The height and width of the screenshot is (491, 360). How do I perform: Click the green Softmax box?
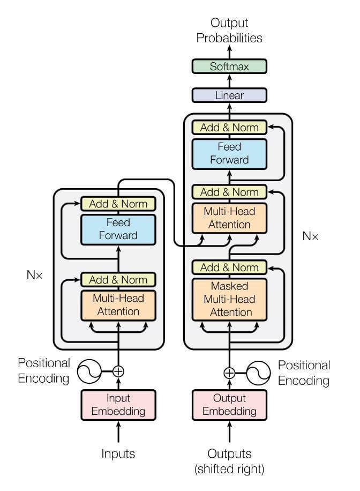pos(229,67)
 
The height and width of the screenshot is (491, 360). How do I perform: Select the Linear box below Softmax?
pos(229,95)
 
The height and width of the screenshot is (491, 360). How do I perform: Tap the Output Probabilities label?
pos(229,31)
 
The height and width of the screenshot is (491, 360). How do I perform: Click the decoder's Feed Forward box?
pos(229,153)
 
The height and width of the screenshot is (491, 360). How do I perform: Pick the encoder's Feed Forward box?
pos(118,228)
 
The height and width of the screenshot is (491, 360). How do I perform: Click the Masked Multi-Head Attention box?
pos(229,299)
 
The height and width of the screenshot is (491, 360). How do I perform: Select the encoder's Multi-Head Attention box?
pos(118,304)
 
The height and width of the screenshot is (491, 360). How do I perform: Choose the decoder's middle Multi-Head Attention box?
pos(229,218)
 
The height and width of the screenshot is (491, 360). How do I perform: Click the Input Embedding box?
pos(118,405)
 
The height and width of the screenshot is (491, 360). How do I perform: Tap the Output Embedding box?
pos(229,405)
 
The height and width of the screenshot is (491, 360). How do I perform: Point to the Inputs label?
pos(118,453)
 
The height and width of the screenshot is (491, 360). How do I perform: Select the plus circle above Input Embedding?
pos(118,370)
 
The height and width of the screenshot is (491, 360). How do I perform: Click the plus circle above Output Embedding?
pos(229,373)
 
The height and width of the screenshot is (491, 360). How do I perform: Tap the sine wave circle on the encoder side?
pos(90,370)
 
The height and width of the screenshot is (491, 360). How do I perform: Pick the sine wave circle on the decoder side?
pos(258,373)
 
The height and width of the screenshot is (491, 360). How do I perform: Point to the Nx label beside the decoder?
pos(310,235)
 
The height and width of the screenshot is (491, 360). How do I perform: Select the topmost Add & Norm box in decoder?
pos(229,128)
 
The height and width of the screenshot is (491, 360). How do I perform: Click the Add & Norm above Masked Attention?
pos(229,267)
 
